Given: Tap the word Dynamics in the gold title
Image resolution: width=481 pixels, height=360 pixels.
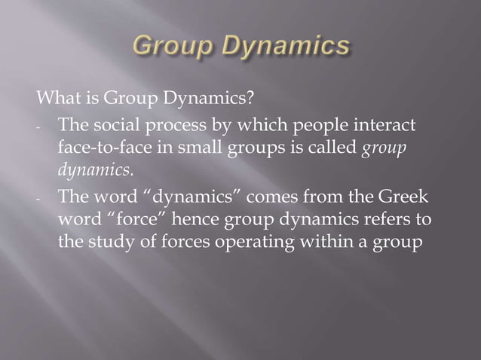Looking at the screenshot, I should pyautogui.click(x=284, y=47).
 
